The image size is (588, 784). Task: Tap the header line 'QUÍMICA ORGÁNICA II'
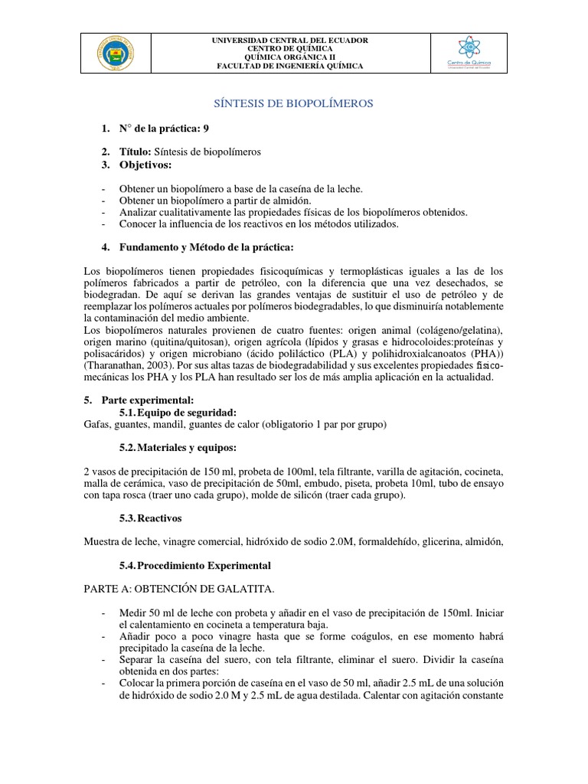pos(290,57)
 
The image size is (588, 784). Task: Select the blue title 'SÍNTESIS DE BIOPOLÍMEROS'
pos(291,103)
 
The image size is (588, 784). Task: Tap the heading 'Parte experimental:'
pos(145,400)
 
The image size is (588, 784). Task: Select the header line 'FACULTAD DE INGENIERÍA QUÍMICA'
pos(290,67)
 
